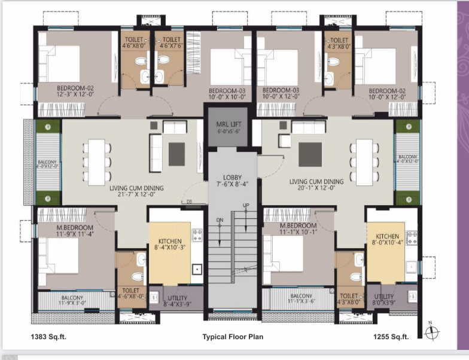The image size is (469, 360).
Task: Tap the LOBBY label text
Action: point(232,181)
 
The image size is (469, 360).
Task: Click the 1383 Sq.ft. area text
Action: point(48,337)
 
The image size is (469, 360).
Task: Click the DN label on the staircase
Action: point(220,220)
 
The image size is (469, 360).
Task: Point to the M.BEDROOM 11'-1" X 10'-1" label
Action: point(297,229)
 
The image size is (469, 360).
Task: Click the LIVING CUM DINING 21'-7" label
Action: point(136,191)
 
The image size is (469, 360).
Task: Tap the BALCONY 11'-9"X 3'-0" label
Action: point(77,301)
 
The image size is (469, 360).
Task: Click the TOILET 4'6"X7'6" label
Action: point(172,42)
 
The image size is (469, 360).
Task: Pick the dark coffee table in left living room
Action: point(177,154)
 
